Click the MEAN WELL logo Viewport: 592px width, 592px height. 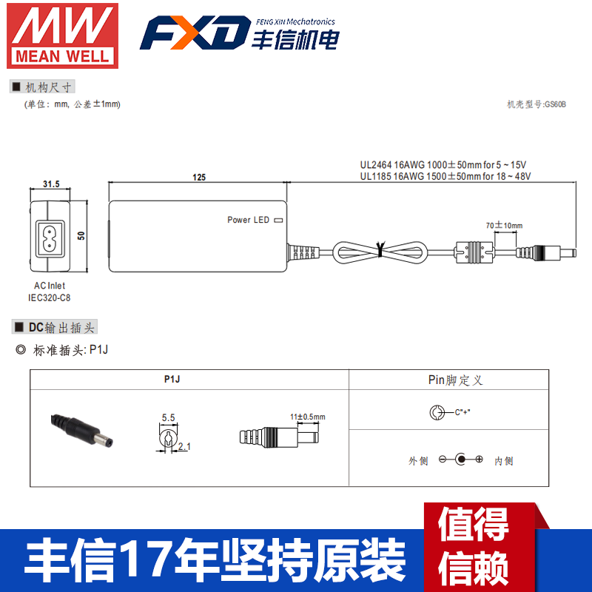[x=62, y=34]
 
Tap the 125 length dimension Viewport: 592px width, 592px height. [x=198, y=178]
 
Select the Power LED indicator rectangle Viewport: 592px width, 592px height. [x=278, y=220]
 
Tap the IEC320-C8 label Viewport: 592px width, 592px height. [x=50, y=297]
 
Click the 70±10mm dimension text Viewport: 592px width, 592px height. [x=504, y=225]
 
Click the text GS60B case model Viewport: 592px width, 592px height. [x=536, y=105]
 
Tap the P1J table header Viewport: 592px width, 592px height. [x=172, y=379]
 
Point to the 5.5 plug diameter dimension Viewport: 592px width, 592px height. [x=168, y=417]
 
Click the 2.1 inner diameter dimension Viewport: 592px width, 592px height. [x=184, y=446]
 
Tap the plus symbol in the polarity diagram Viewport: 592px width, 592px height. [x=479, y=460]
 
